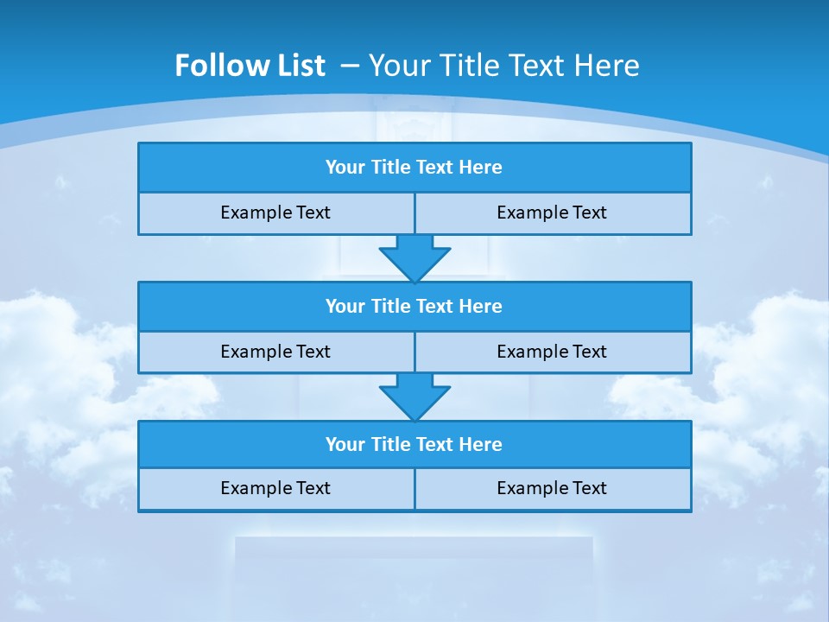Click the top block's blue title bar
(414, 168)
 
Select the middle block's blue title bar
(414, 307)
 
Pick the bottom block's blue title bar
(414, 445)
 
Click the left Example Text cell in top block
(275, 213)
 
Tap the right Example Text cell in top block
(553, 213)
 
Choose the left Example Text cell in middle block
(275, 352)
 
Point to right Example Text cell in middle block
(553, 352)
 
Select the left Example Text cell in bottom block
(275, 489)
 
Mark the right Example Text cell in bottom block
(553, 489)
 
